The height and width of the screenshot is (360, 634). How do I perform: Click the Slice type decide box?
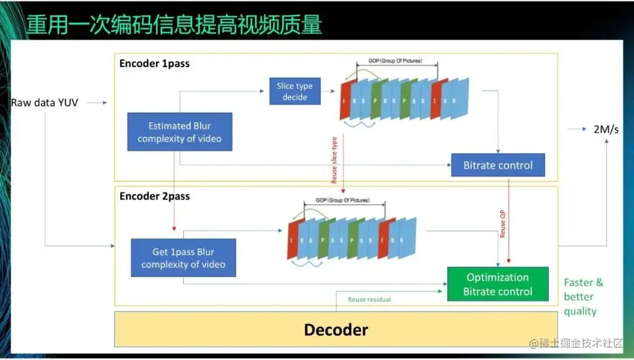295,91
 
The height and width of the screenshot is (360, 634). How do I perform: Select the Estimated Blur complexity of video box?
180,132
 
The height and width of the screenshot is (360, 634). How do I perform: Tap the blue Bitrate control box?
498,165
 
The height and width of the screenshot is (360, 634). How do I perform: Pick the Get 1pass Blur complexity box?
183,258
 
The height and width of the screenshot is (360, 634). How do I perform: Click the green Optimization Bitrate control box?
498,284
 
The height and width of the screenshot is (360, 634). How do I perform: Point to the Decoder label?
336,329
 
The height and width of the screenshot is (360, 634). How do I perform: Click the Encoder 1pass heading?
154,63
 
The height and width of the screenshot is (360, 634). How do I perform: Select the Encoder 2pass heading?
154,196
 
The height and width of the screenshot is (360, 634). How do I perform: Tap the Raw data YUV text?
45,103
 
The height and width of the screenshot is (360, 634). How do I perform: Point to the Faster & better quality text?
583,297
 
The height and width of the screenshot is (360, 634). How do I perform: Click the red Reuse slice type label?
335,160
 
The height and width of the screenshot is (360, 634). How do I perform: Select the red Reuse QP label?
503,224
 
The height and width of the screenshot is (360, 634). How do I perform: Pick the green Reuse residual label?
369,300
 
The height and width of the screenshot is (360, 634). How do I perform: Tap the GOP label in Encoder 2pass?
343,200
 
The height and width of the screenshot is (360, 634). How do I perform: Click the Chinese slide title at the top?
174,24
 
